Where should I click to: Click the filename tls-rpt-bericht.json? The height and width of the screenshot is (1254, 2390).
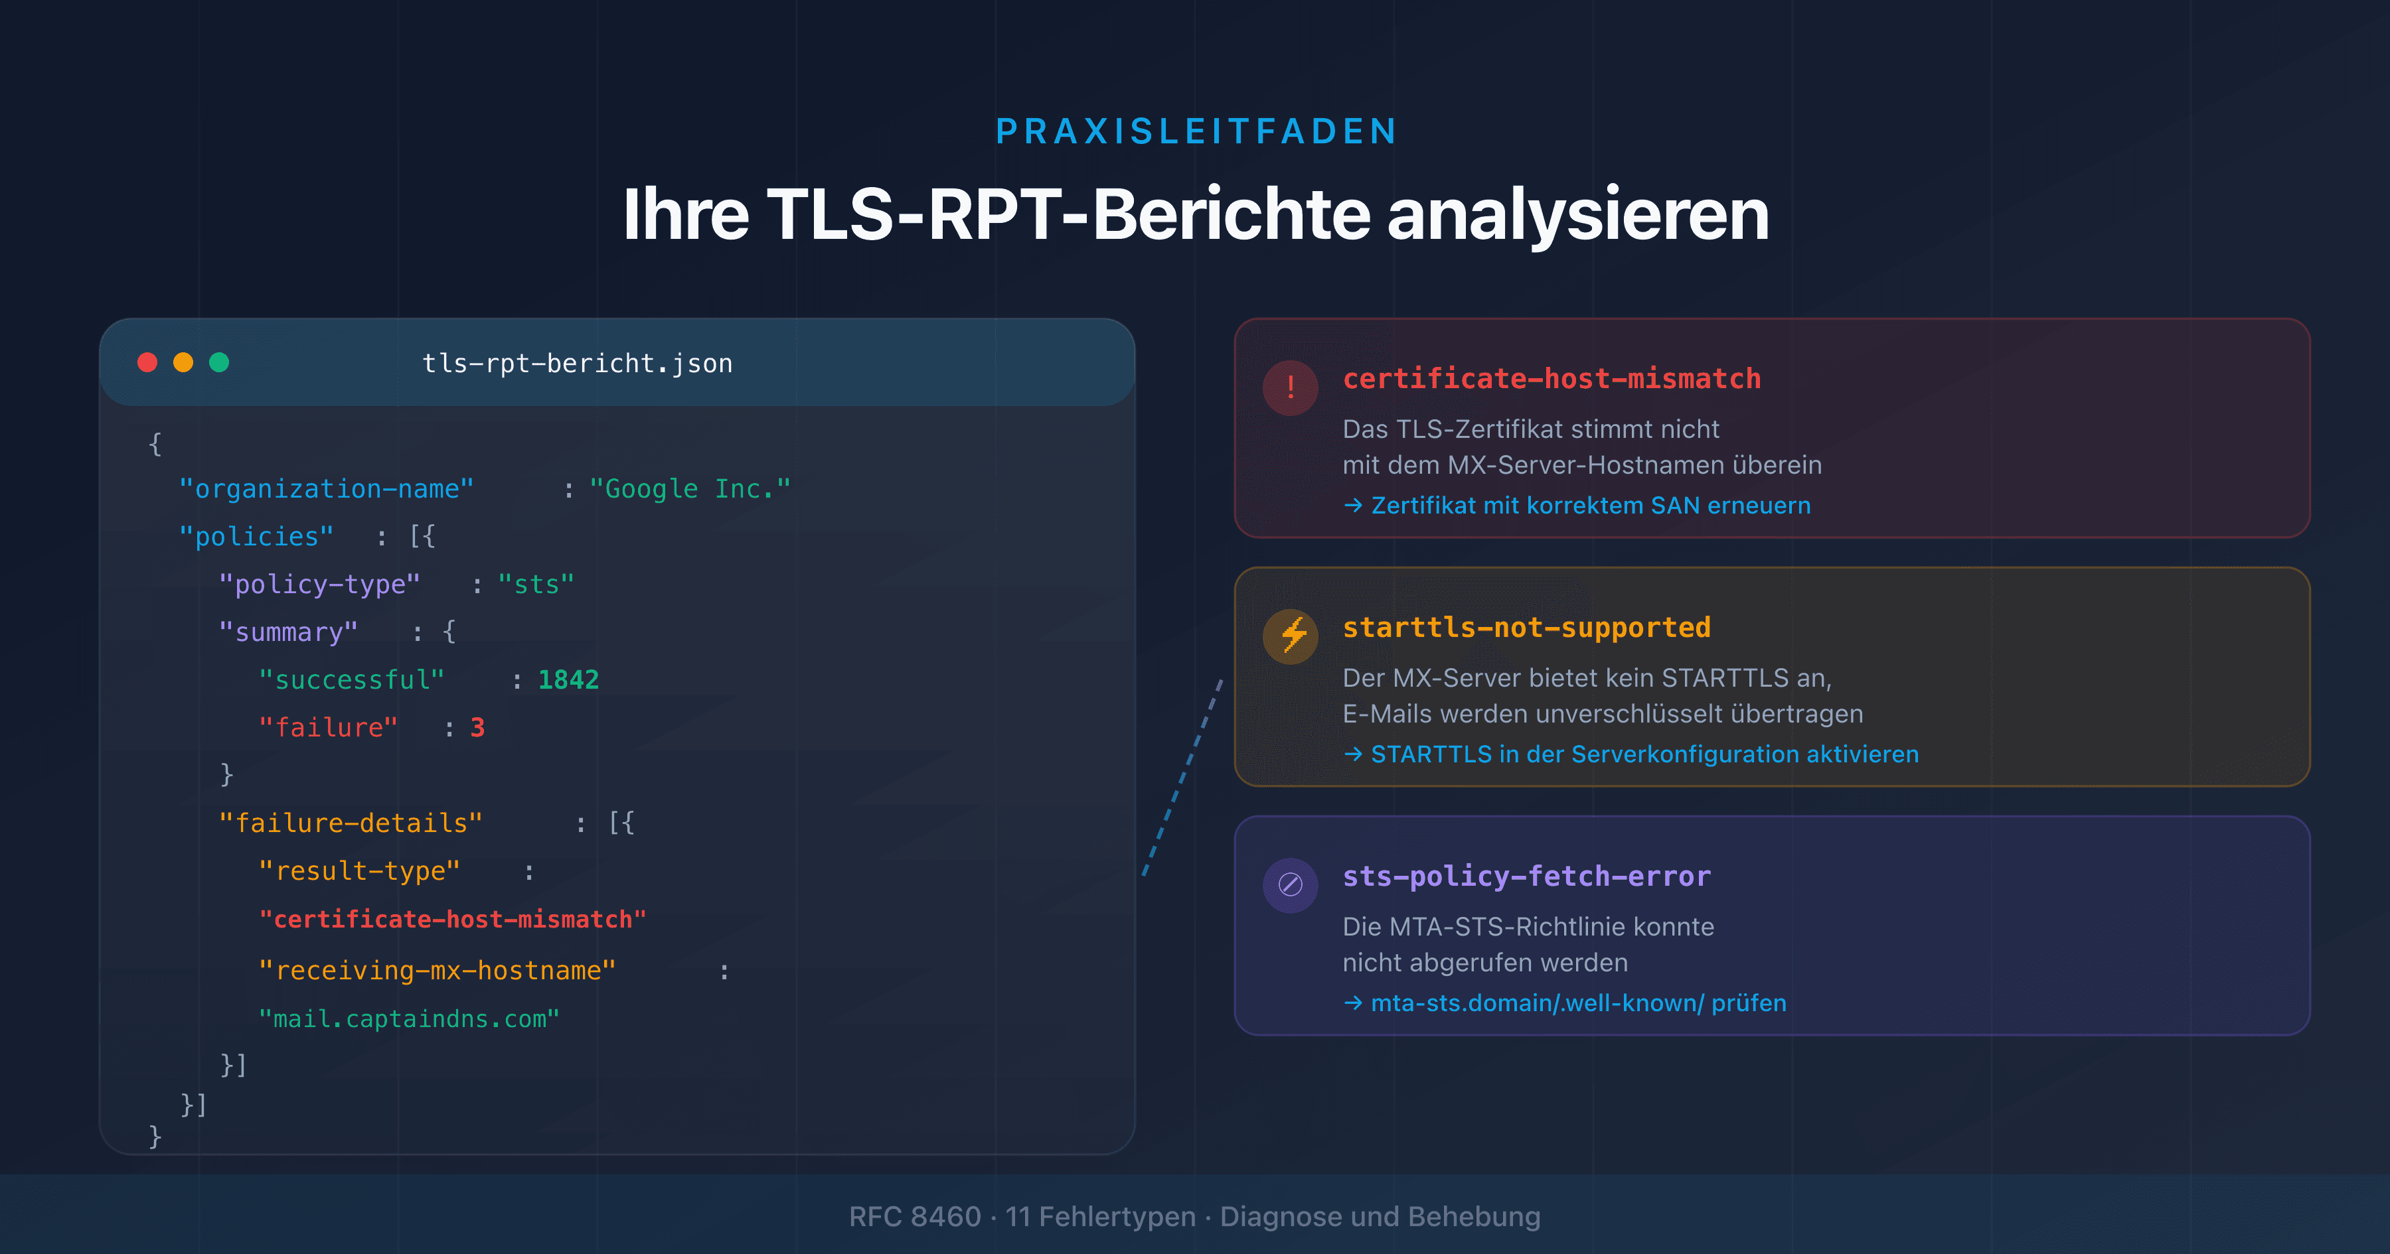pyautogui.click(x=577, y=364)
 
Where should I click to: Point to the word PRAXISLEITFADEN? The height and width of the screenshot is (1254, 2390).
pyautogui.click(x=1196, y=132)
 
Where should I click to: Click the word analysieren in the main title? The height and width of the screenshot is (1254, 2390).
pyautogui.click(x=1577, y=215)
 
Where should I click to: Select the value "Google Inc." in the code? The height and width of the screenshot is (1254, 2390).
pyautogui.click(x=689, y=489)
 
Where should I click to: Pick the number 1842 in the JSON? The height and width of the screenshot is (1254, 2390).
pyautogui.click(x=568, y=680)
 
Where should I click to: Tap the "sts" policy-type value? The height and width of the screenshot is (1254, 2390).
pyautogui.click(x=536, y=585)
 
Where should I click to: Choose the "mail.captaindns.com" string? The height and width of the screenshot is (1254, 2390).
pyautogui.click(x=409, y=1018)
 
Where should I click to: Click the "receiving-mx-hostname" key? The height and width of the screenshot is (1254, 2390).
pyautogui.click(x=437, y=970)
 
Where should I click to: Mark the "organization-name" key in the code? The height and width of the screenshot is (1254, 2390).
pyautogui.click(x=327, y=489)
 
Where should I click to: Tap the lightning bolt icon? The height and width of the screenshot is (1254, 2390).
pyautogui.click(x=1291, y=636)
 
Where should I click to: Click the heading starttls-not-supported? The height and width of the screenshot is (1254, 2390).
pyautogui.click(x=1526, y=628)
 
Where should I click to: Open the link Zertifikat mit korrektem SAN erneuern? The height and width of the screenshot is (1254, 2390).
pyautogui.click(x=1589, y=506)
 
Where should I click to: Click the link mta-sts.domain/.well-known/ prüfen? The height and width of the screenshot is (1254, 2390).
pyautogui.click(x=1577, y=1003)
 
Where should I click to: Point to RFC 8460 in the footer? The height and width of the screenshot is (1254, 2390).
pyautogui.click(x=915, y=1216)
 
